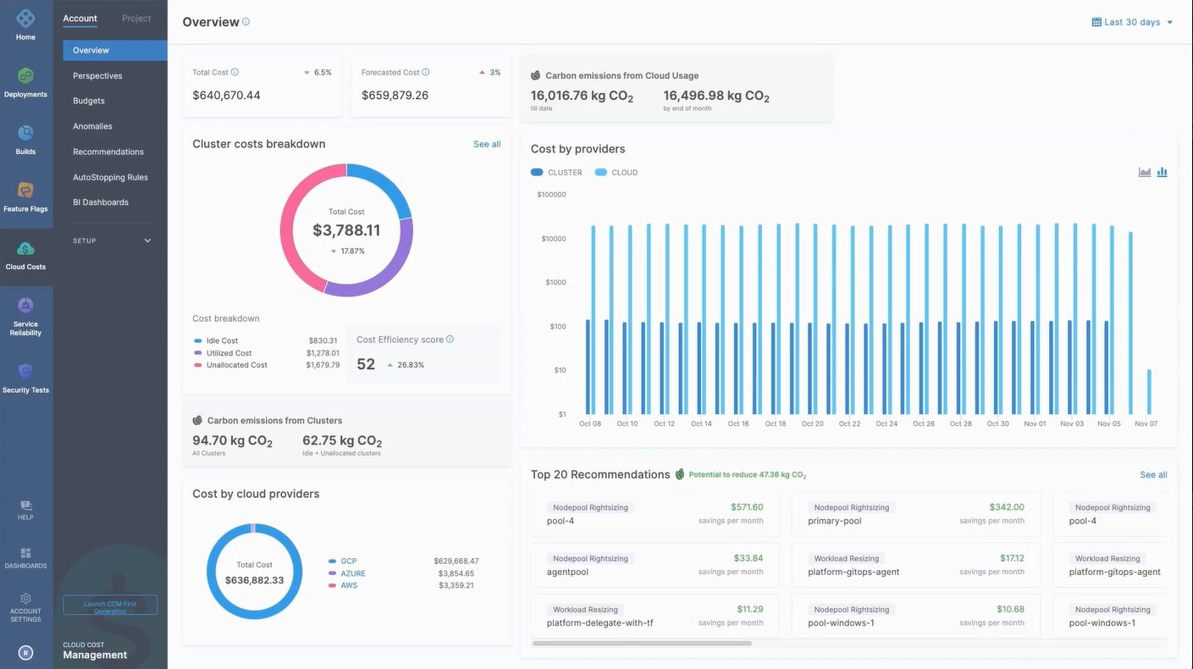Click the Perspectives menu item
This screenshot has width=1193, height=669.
click(x=97, y=76)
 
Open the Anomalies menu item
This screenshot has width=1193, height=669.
click(x=92, y=126)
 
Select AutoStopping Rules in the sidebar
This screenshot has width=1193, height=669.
click(x=110, y=177)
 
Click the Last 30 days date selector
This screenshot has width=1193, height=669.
click(x=1132, y=22)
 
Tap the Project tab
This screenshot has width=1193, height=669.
click(x=136, y=19)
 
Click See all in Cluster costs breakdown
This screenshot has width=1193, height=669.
click(x=487, y=145)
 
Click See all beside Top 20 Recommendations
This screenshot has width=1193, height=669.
click(x=1153, y=475)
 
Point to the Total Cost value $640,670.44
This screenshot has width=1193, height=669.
click(x=226, y=96)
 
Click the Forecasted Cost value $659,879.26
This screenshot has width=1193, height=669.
click(x=395, y=96)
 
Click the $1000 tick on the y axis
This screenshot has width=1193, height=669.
click(x=555, y=283)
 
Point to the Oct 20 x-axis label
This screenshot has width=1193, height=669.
click(x=812, y=423)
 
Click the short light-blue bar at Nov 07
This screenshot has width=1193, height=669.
click(x=1149, y=391)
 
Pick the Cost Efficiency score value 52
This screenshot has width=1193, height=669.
click(x=366, y=365)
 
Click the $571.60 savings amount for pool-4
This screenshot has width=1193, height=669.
click(x=748, y=507)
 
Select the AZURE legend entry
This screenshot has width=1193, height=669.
click(x=352, y=573)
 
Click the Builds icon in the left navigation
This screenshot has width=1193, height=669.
click(x=25, y=135)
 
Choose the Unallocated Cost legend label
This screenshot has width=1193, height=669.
click(x=236, y=365)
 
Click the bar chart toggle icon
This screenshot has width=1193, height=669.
click(x=1162, y=173)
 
